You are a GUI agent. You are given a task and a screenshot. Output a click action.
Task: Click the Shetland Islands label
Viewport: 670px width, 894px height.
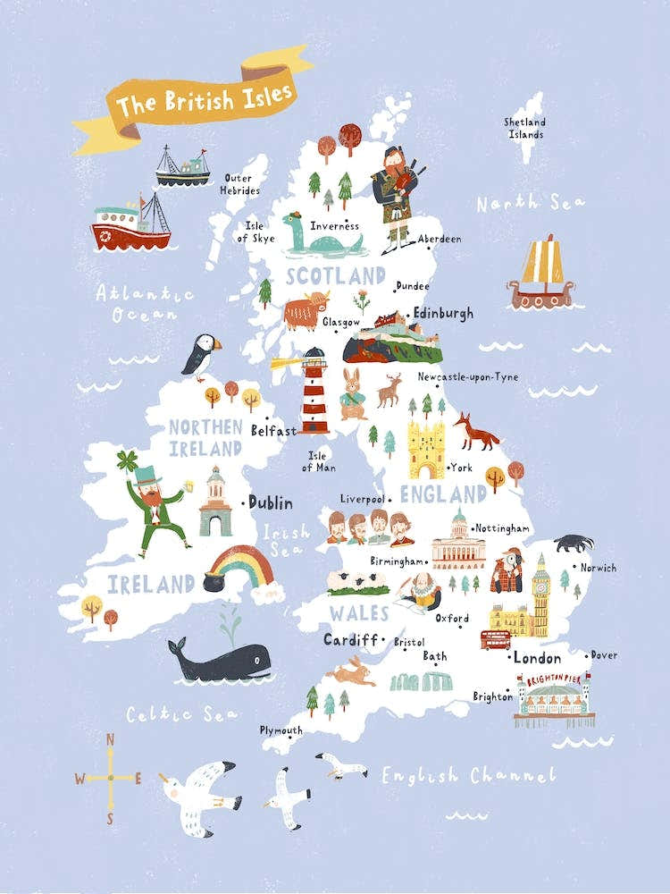click(x=524, y=128)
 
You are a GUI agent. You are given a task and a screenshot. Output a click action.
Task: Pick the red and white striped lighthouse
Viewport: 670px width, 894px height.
click(x=314, y=391)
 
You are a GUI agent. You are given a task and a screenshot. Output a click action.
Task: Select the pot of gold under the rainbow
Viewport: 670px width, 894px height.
click(x=215, y=580)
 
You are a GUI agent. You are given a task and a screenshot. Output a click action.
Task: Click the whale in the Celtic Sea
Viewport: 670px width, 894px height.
click(x=220, y=661)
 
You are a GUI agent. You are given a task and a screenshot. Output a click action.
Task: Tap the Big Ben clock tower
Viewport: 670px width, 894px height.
click(x=540, y=595)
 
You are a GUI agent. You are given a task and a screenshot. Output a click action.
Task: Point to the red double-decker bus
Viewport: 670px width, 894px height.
click(x=495, y=639)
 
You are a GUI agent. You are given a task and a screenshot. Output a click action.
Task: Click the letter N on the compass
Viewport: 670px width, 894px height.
click(x=111, y=739)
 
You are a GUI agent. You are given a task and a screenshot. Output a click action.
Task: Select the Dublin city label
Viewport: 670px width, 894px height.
click(x=270, y=502)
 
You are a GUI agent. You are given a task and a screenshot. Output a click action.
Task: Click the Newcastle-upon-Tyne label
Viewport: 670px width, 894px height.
click(x=467, y=376)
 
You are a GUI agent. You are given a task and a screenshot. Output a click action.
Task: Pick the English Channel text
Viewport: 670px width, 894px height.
click(x=468, y=775)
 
